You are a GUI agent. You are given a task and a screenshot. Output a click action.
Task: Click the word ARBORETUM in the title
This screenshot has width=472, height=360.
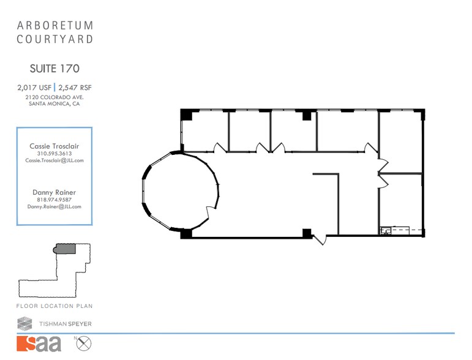(54, 26)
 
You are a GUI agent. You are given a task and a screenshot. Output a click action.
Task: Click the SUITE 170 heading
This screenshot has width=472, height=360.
(54, 69)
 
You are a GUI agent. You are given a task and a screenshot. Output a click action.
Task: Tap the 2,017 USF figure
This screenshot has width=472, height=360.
(34, 88)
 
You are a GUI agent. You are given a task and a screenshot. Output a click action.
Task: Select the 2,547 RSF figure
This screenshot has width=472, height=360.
(75, 88)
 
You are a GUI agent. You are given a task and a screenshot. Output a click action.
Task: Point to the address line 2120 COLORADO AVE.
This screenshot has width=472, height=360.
(54, 97)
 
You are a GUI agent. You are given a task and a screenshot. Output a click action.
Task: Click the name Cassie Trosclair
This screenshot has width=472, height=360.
(54, 146)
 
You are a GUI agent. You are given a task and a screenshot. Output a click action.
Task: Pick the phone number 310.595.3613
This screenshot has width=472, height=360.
(54, 154)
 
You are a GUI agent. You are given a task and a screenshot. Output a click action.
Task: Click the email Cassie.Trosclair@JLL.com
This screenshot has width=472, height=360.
(54, 160)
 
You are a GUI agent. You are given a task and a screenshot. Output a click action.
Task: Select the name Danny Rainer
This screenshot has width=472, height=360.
(54, 192)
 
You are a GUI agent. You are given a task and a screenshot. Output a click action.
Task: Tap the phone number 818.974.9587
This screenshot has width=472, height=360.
(54, 200)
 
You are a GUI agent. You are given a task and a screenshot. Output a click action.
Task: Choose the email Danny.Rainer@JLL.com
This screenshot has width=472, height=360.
(54, 207)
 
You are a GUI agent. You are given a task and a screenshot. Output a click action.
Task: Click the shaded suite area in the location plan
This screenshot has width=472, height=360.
(65, 248)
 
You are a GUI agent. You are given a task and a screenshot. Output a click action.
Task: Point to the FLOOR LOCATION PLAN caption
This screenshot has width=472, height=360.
(54, 306)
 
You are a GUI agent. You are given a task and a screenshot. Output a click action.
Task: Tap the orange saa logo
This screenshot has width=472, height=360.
(39, 344)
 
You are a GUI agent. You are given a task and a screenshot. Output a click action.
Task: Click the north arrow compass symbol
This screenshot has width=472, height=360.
(83, 343)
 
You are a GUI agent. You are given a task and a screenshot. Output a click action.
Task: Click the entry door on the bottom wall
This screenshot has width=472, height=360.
(320, 239)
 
